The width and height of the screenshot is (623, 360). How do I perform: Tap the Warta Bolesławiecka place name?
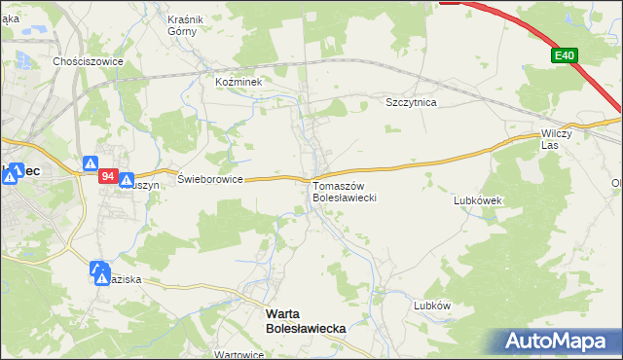(x=306, y=322)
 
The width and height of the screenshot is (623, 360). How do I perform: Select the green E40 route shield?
(x=564, y=56)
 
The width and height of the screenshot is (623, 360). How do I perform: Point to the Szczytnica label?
(x=411, y=101)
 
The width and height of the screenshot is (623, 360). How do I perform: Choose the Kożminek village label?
(x=239, y=83)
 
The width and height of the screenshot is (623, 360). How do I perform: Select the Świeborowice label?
(x=209, y=180)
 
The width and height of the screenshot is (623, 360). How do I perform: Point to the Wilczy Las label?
(x=559, y=139)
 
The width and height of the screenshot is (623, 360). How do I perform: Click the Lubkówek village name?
(x=477, y=200)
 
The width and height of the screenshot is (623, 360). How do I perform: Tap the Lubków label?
(x=432, y=305)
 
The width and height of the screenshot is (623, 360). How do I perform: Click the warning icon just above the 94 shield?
(x=92, y=164)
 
